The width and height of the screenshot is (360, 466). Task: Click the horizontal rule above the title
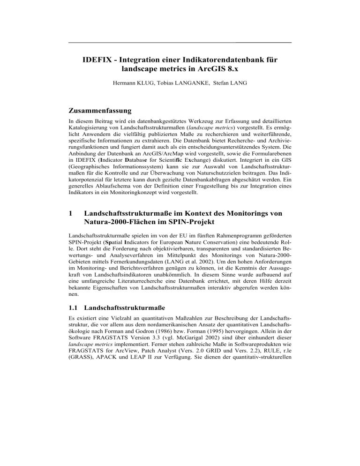[180, 43]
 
